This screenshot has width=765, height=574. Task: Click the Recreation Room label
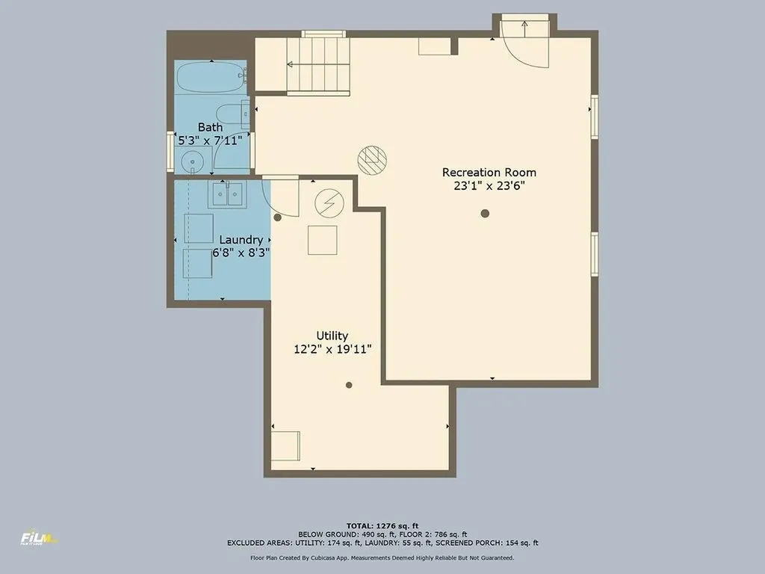[489, 173]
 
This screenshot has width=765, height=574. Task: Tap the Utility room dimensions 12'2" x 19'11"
[332, 349]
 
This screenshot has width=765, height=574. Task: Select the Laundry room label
[241, 240]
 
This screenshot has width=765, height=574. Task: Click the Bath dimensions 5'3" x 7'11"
[210, 141]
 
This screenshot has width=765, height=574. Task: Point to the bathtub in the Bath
[211, 78]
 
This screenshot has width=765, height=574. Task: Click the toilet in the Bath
[232, 114]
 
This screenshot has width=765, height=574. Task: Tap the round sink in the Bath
[193, 161]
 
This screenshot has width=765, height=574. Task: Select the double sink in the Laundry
[227, 195]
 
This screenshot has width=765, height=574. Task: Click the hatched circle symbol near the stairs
[372, 160]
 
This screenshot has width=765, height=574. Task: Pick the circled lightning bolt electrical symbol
[329, 203]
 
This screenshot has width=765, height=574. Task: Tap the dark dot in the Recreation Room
[485, 213]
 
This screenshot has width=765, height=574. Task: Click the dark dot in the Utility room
[349, 385]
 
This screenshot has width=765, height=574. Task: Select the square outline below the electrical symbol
[323, 240]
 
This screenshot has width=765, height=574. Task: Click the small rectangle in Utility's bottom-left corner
[285, 445]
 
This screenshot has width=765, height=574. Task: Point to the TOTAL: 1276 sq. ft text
[382, 525]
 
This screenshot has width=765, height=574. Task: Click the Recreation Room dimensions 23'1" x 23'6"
[489, 186]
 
